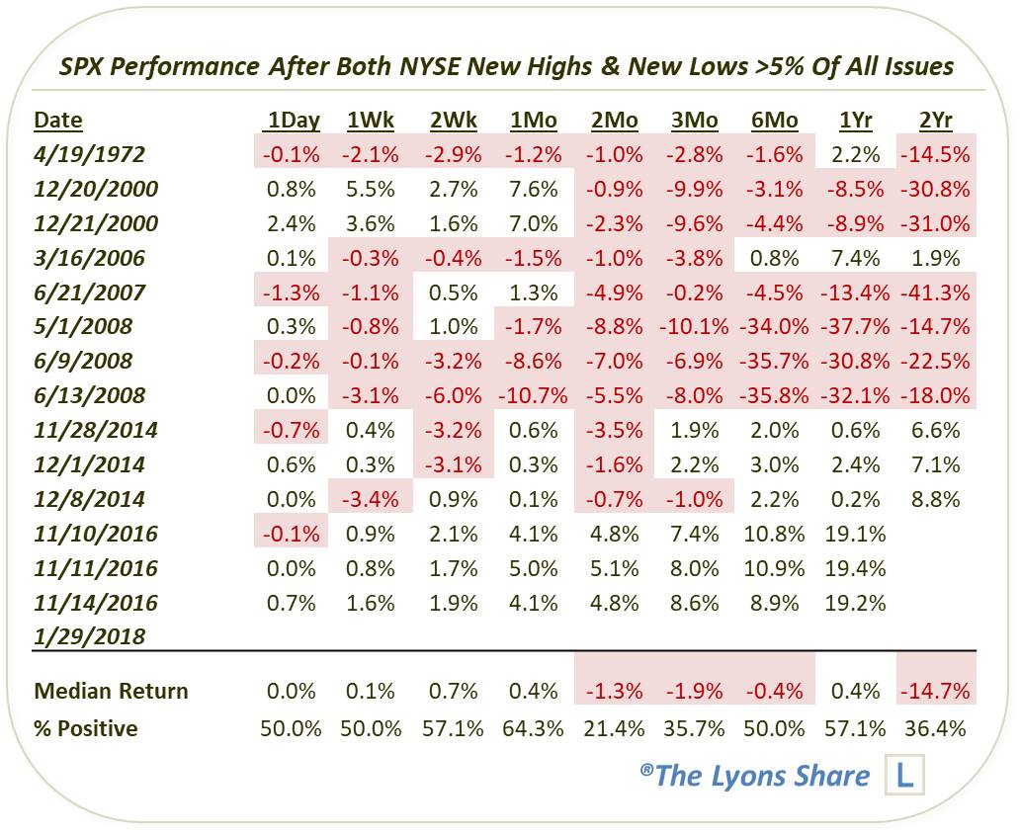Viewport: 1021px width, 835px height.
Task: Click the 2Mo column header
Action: coord(615,121)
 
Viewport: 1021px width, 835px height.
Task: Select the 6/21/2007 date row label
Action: coord(89,292)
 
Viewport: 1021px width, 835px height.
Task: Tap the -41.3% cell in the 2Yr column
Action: coord(935,292)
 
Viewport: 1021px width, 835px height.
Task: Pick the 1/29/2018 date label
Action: coord(89,636)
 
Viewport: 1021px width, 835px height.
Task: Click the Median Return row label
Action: coord(111,691)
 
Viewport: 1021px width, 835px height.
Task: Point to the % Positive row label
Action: coord(86,728)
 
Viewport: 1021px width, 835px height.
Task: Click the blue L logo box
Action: coord(905,776)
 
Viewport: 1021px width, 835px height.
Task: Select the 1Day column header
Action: coord(292,121)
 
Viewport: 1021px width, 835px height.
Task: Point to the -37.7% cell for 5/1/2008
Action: coord(854,326)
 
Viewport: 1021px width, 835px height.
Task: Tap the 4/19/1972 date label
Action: coord(89,154)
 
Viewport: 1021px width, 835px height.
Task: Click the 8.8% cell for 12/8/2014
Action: coord(935,499)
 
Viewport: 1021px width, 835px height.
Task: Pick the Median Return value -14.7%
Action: coord(935,691)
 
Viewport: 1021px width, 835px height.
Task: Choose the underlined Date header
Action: coord(58,121)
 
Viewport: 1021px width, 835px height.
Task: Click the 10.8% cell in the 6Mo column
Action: coord(775,534)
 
